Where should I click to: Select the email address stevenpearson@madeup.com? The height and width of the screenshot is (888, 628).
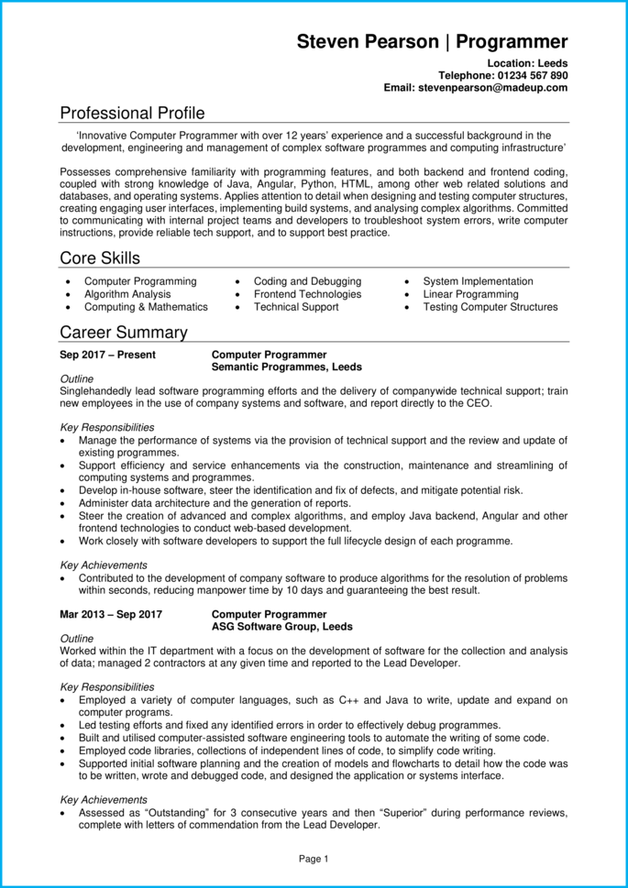click(493, 87)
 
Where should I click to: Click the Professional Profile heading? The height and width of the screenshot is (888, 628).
click(132, 113)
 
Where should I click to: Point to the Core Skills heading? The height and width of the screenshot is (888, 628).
click(100, 258)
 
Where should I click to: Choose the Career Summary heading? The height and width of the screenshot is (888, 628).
click(123, 332)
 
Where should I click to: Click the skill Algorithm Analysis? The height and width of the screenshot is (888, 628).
click(127, 294)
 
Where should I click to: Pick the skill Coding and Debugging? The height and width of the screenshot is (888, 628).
click(307, 281)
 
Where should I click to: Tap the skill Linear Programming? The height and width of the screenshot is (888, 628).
click(470, 294)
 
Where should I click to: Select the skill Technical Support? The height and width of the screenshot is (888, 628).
click(296, 307)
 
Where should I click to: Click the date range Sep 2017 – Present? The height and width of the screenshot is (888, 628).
click(107, 355)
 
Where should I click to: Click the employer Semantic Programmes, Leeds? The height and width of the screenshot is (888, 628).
click(286, 367)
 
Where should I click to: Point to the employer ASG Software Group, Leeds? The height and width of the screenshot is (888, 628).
click(281, 627)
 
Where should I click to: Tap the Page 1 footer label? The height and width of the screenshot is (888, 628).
click(314, 859)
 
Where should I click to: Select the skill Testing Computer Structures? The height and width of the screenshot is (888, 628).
click(490, 307)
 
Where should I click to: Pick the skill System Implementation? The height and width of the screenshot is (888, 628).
click(478, 281)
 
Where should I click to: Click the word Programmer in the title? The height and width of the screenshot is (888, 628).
click(512, 41)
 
